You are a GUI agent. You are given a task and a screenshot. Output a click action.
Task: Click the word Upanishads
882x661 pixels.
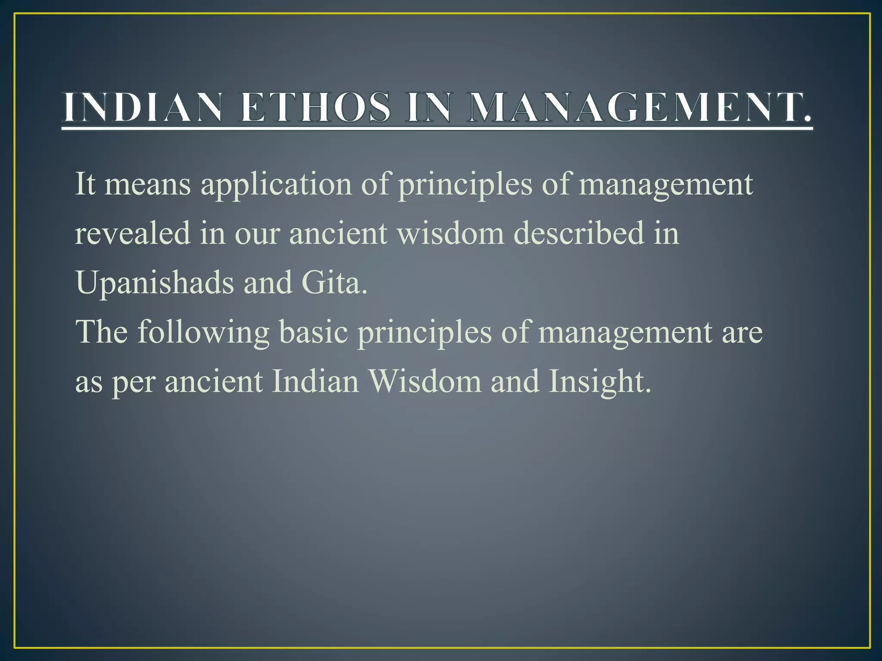(155, 283)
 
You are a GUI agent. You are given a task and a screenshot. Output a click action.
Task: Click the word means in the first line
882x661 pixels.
(147, 184)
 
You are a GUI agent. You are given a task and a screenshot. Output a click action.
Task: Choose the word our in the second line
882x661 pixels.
(257, 234)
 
